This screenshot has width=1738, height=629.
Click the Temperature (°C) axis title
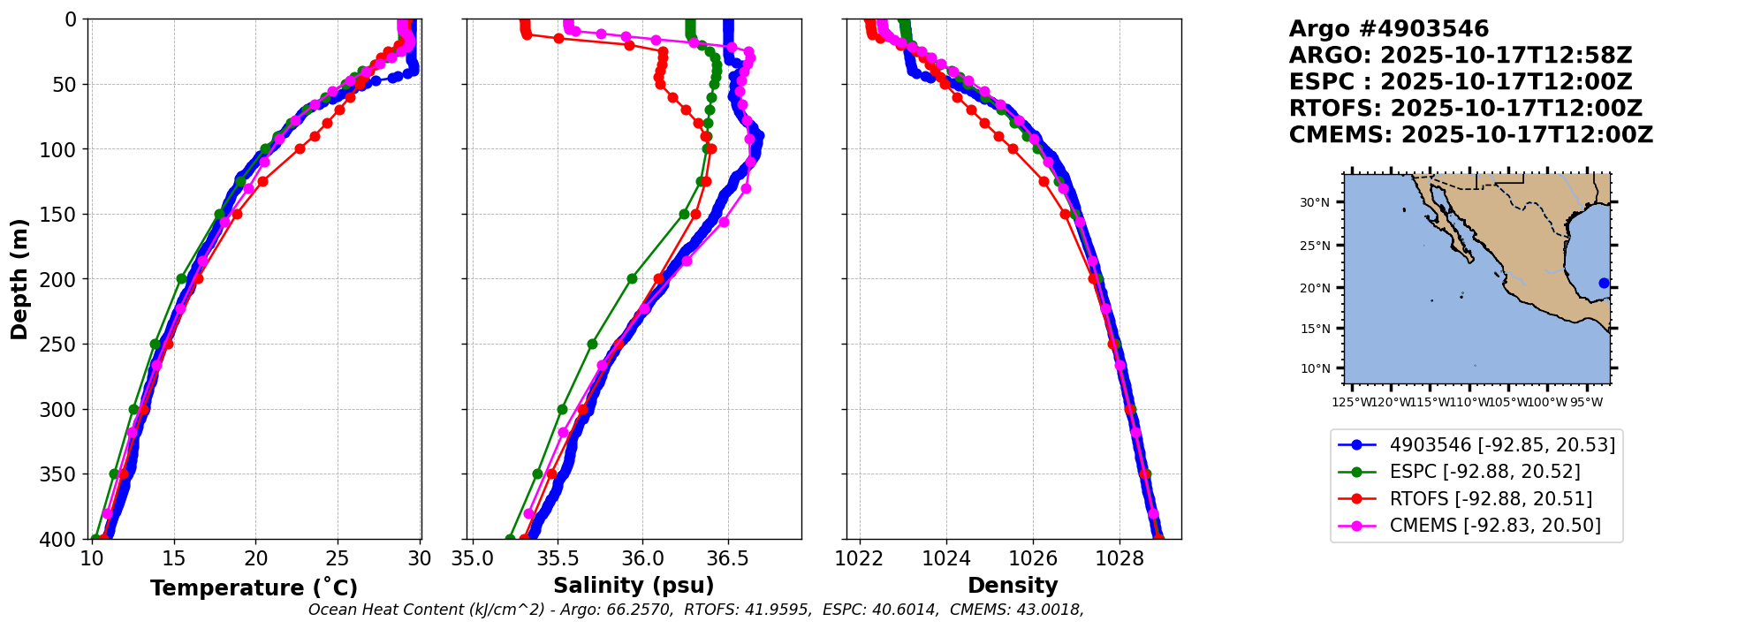(x=254, y=587)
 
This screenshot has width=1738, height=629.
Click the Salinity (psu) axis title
(x=634, y=585)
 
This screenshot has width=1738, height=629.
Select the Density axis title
(x=1013, y=585)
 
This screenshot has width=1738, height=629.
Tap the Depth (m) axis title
(x=19, y=279)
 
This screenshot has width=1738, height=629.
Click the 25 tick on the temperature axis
(x=338, y=558)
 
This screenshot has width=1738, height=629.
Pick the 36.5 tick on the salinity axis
(x=728, y=558)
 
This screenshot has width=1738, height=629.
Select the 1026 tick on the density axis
(x=1033, y=558)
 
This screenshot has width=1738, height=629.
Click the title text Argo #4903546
(x=1388, y=29)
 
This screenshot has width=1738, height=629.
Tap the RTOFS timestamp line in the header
(x=1465, y=109)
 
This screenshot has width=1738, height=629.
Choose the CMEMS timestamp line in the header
(x=1470, y=135)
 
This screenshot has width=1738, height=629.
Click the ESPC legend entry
(x=1484, y=472)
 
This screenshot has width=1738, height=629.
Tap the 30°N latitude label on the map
(x=1314, y=202)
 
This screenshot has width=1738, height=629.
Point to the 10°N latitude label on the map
(x=1314, y=368)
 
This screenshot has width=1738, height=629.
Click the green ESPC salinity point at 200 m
(x=632, y=278)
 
